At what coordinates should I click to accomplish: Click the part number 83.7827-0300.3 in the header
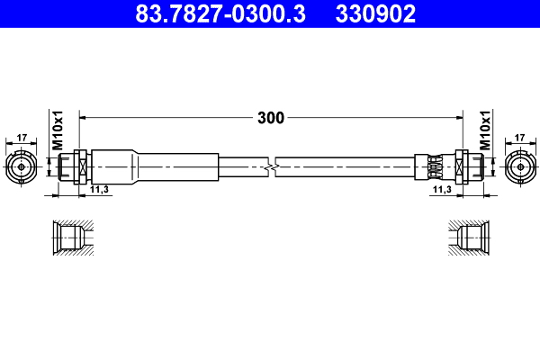[221, 13]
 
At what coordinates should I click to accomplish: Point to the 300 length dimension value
[271, 118]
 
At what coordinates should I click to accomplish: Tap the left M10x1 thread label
[57, 130]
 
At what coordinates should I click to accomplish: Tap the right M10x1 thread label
[483, 130]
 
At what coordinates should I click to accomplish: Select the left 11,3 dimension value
[100, 190]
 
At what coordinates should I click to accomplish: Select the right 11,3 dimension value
[441, 190]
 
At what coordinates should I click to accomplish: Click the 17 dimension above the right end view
[519, 138]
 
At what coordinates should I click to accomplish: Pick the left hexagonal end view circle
[22, 166]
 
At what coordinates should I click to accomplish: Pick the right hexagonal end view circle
[519, 166]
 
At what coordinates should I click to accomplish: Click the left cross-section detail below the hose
[70, 238]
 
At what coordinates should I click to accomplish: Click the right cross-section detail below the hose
[469, 238]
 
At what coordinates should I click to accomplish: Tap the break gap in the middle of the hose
[272, 166]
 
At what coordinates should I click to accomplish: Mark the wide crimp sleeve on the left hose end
[157, 166]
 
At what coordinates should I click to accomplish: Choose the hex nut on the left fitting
[80, 166]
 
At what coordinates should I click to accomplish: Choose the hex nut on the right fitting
[462, 166]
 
